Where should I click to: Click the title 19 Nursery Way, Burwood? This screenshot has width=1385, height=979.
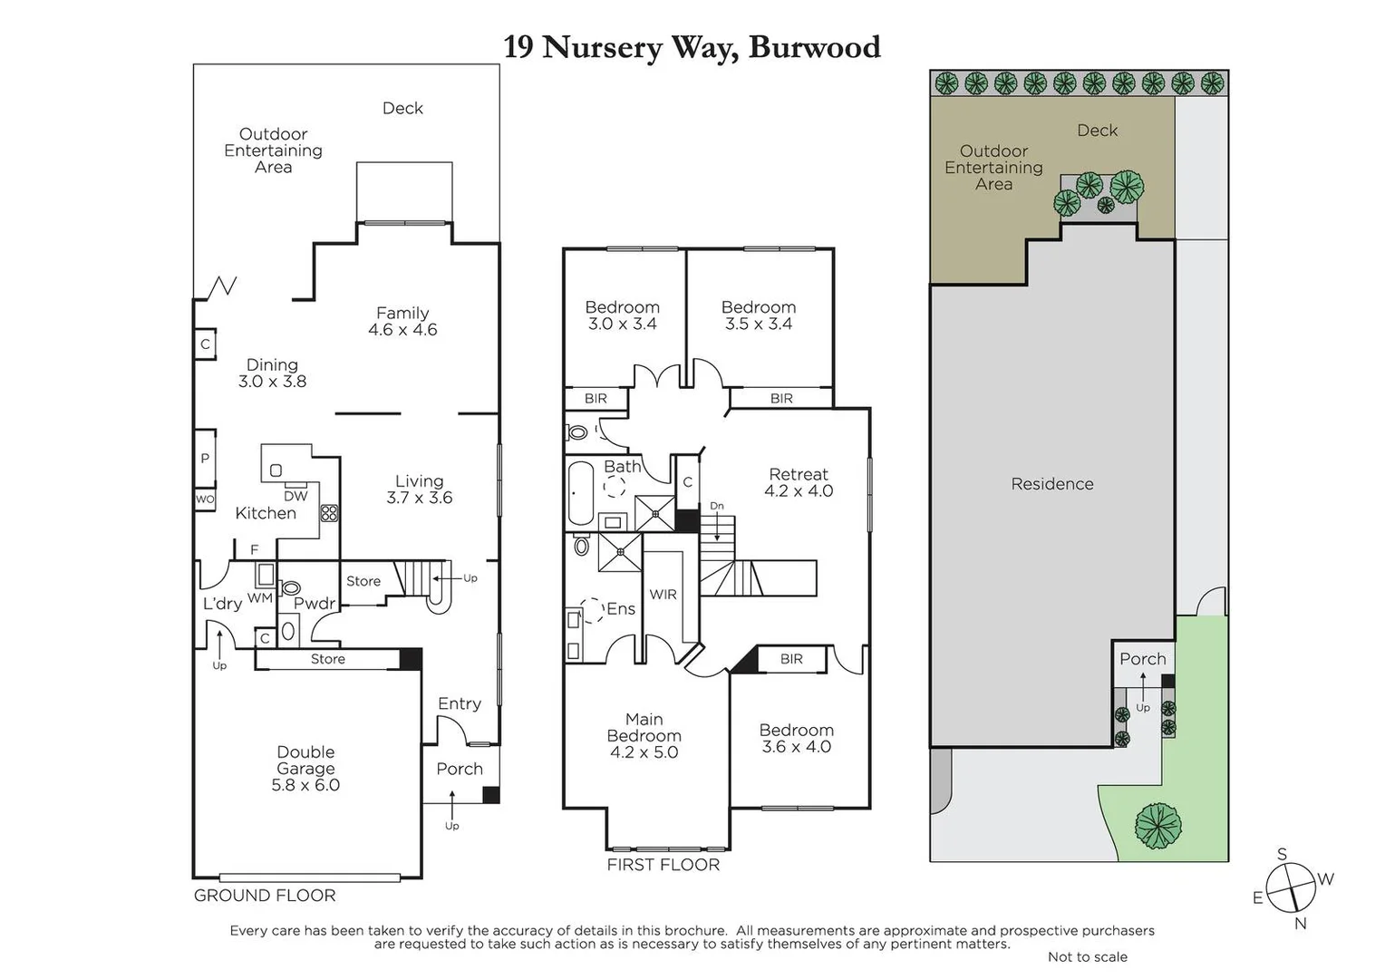click(x=692, y=47)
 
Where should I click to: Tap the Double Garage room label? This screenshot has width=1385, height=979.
click(x=305, y=769)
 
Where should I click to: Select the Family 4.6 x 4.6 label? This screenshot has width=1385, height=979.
click(x=402, y=322)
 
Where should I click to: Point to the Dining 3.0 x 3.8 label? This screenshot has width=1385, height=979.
click(x=272, y=373)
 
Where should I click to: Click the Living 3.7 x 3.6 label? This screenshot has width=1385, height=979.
click(x=419, y=489)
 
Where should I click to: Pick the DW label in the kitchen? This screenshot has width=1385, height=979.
click(x=295, y=496)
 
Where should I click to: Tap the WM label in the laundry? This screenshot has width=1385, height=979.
click(x=260, y=597)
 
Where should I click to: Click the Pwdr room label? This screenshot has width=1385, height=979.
click(x=315, y=604)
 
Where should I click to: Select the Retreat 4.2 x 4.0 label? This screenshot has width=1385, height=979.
click(x=799, y=482)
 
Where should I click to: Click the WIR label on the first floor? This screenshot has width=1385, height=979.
click(x=663, y=595)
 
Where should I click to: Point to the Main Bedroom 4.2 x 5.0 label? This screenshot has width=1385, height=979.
click(x=644, y=735)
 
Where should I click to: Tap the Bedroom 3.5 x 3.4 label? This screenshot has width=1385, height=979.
click(x=759, y=315)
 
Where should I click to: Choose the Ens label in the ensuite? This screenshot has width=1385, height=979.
click(x=620, y=609)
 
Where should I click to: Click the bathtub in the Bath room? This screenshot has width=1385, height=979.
click(x=580, y=493)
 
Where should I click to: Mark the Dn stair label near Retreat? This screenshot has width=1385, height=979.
click(x=717, y=506)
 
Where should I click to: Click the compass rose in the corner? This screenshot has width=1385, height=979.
click(x=1290, y=887)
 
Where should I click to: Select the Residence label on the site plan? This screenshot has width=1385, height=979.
click(x=1051, y=484)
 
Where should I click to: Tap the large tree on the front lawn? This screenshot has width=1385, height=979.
click(x=1158, y=826)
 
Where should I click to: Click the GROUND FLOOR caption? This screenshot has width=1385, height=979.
click(x=265, y=896)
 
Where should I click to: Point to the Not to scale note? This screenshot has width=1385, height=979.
click(x=1087, y=957)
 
